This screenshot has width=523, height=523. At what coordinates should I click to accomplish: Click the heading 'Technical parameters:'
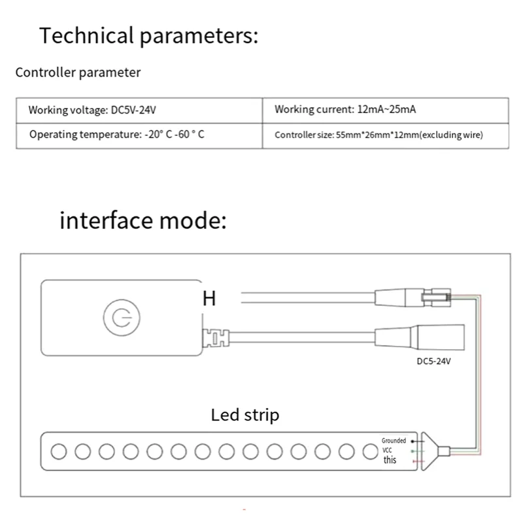(149, 35)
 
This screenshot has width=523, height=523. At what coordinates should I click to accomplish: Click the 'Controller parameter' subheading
(78, 73)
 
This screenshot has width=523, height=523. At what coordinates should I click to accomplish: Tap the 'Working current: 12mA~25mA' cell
(345, 110)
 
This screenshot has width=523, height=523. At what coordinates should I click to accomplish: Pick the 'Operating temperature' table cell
(117, 135)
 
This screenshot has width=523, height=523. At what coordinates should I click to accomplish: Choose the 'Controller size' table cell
(379, 135)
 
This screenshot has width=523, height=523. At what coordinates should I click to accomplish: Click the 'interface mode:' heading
(143, 220)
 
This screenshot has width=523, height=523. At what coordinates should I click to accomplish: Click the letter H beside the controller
(209, 299)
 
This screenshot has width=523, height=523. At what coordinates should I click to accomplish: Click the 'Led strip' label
(245, 414)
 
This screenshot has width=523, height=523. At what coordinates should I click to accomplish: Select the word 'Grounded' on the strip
(394, 441)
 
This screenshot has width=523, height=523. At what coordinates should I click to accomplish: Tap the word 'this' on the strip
(390, 460)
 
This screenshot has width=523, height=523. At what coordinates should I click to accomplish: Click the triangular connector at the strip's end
(430, 451)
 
